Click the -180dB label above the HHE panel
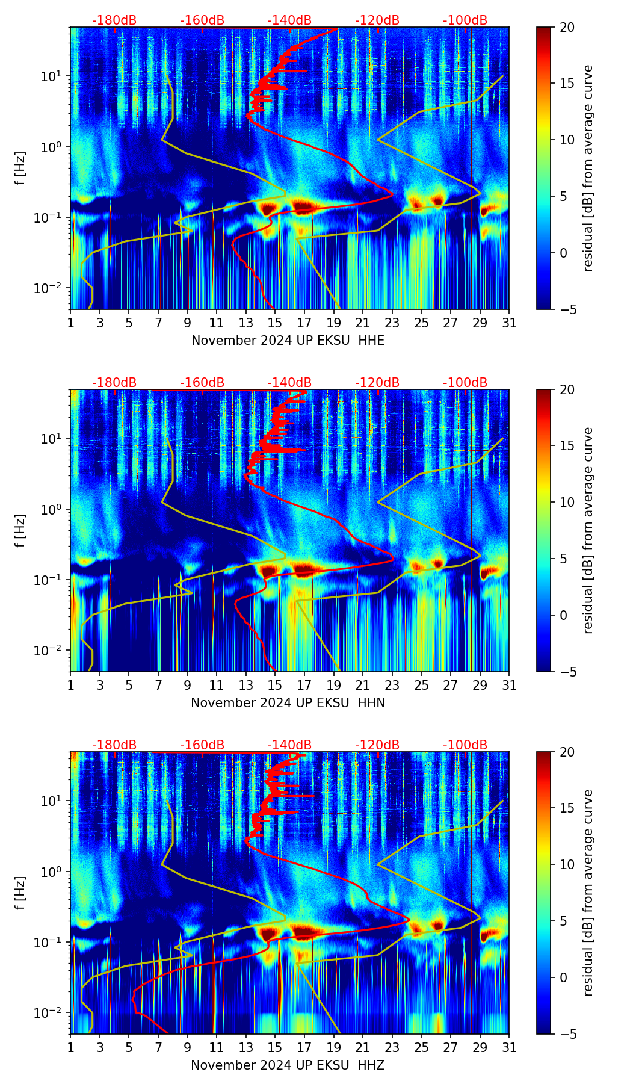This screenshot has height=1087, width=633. click(114, 20)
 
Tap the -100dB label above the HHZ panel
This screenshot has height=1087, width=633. click(465, 745)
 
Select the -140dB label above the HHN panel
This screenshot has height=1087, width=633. click(289, 383)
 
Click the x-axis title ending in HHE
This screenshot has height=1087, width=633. click(288, 341)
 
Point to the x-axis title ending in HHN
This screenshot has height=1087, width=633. click(288, 703)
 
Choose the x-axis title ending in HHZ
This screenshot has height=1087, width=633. click(288, 1065)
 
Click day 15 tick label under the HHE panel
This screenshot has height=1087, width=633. click(275, 323)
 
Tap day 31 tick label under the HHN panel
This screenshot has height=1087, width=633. click(509, 686)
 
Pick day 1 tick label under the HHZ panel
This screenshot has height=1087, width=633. click(71, 1048)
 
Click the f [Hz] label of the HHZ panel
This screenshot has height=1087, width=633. click(20, 893)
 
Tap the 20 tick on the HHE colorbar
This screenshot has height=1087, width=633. click(567, 28)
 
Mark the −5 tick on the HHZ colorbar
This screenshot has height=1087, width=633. click(567, 1034)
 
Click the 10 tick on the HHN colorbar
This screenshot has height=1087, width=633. click(567, 502)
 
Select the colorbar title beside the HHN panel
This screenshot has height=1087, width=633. click(588, 530)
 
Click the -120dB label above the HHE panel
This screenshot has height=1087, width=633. click(377, 20)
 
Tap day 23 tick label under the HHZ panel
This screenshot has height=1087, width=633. click(392, 1048)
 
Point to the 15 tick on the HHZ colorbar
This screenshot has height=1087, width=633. click(567, 808)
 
